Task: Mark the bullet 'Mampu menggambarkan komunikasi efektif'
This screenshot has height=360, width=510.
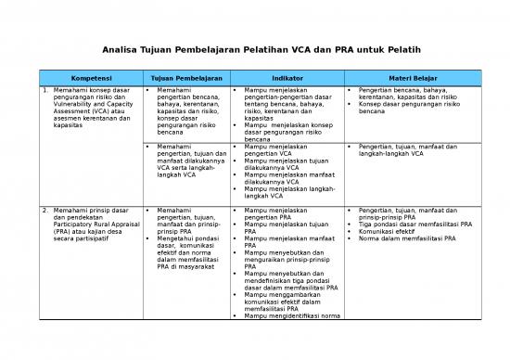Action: (x=287, y=302)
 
